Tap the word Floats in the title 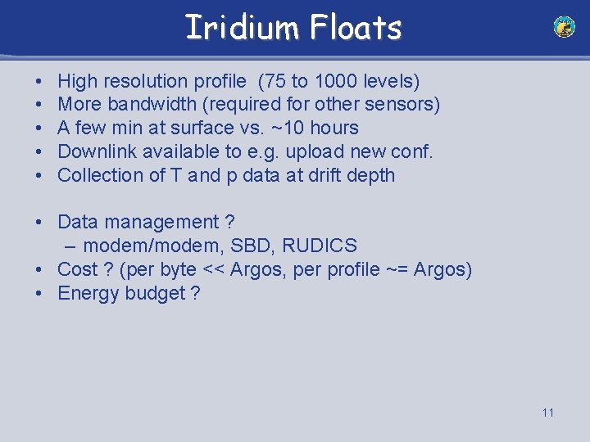click(356, 27)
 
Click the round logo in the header click(564, 27)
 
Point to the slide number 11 click(547, 412)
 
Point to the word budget click(155, 293)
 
